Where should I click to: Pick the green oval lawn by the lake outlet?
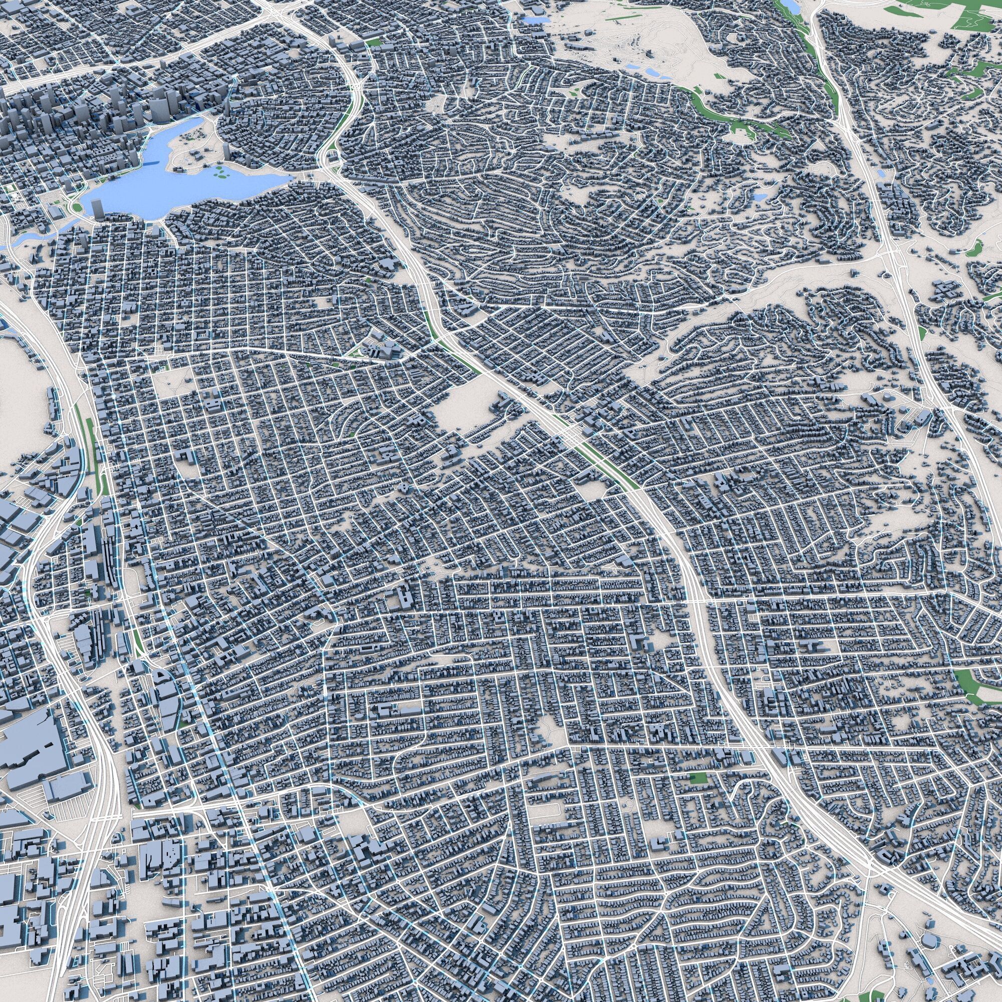(x=77, y=208)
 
